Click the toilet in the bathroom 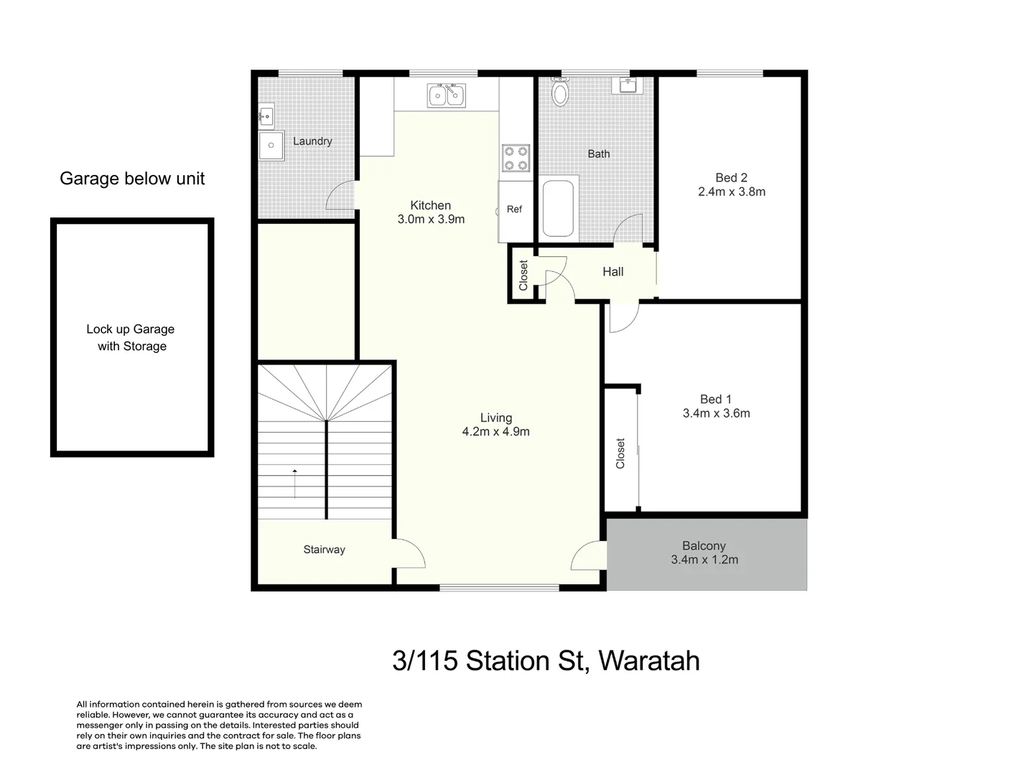point(560,92)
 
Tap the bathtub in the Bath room point(558,208)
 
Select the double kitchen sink point(446,95)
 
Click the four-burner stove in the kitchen point(516,158)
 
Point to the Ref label point(514,210)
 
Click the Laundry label point(312,141)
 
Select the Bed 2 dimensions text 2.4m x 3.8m point(732,192)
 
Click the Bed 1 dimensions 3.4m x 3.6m point(716,413)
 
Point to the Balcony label point(704,546)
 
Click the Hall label point(613,272)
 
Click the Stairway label point(324,550)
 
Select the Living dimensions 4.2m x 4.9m point(495,432)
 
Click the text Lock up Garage point(130,329)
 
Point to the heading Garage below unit point(132,179)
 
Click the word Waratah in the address point(648,661)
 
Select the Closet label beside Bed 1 point(620,454)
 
